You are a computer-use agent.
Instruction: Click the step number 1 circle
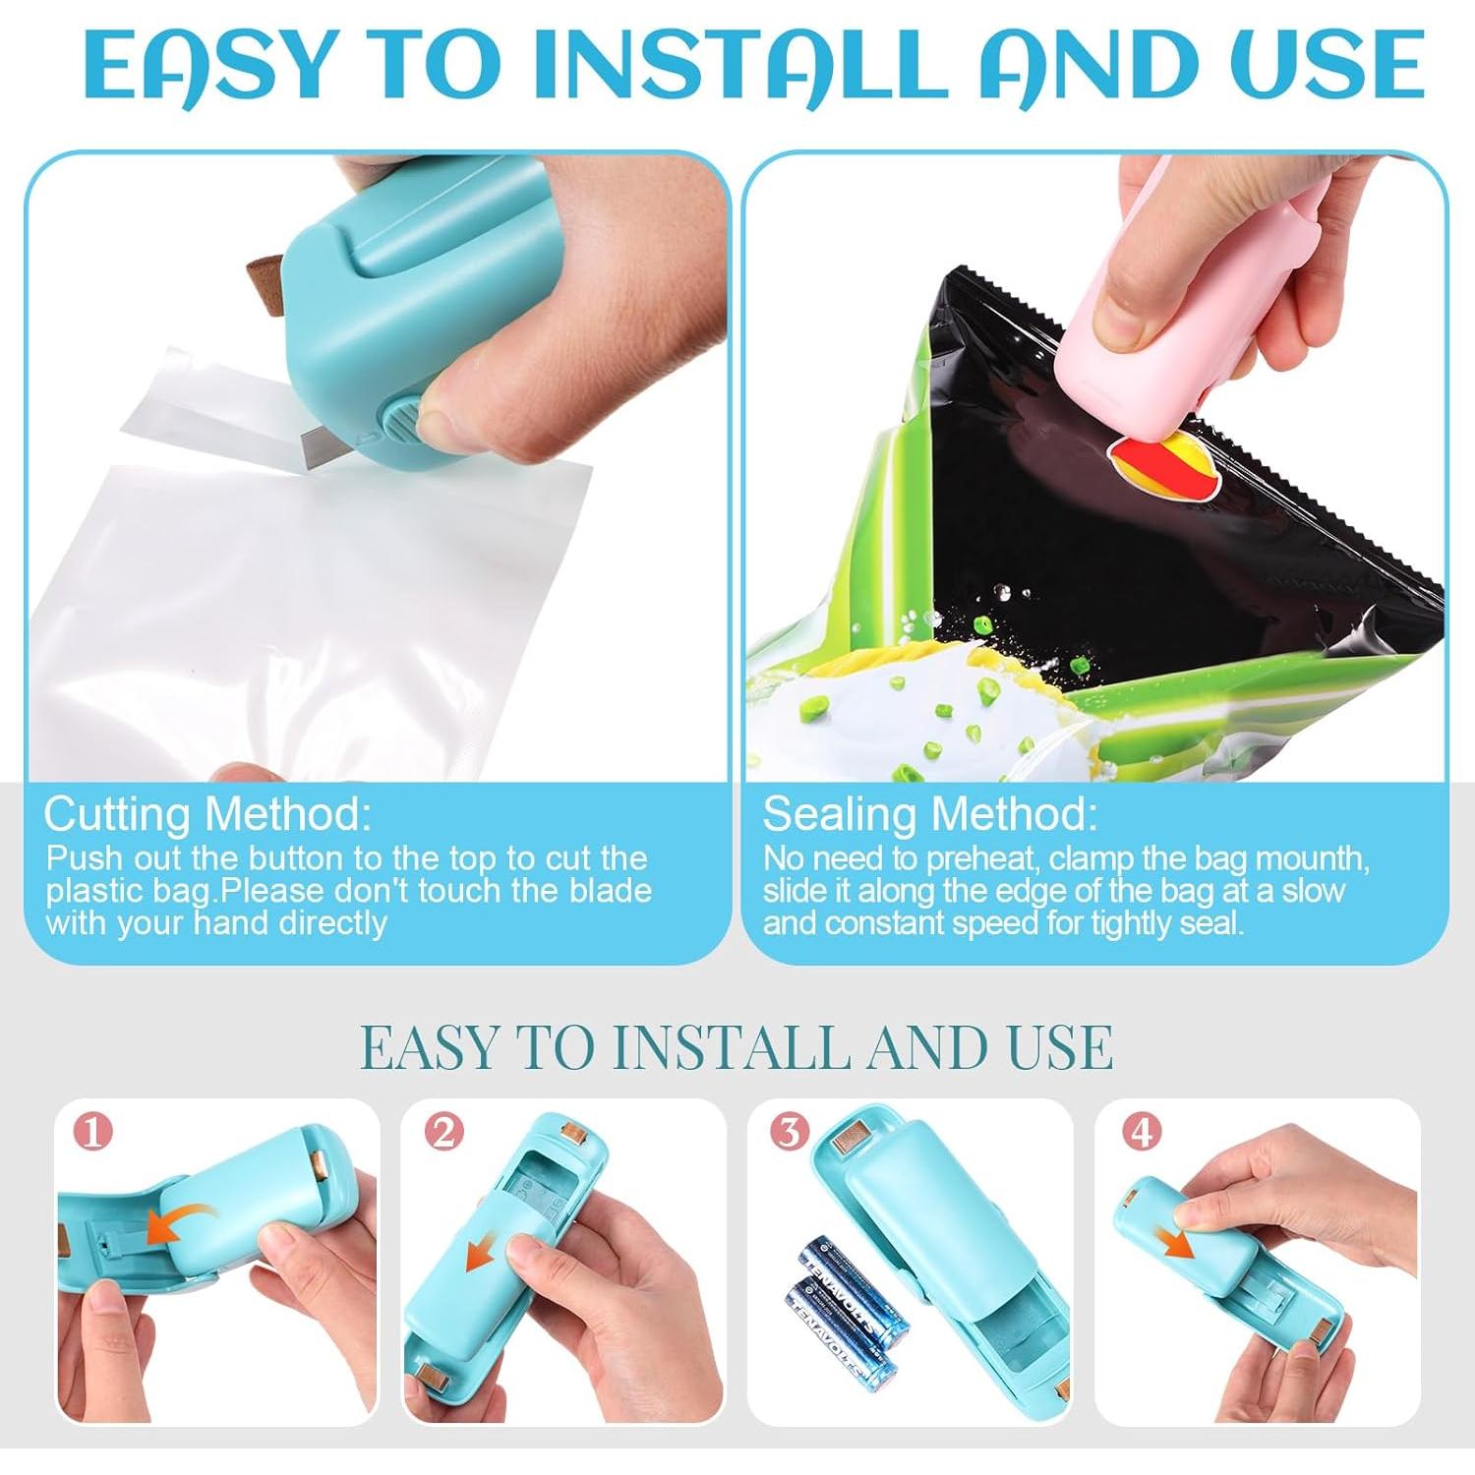point(93,1132)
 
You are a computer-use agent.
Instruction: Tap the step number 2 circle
point(443,1132)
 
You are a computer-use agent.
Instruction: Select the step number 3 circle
point(789,1132)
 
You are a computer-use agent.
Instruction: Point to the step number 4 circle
point(1141,1132)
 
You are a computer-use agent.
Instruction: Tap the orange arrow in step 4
point(1174,1241)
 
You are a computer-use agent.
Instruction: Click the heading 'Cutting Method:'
point(207,814)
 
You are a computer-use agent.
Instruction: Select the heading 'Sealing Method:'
point(929,814)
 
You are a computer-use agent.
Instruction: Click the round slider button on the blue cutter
point(400,417)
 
